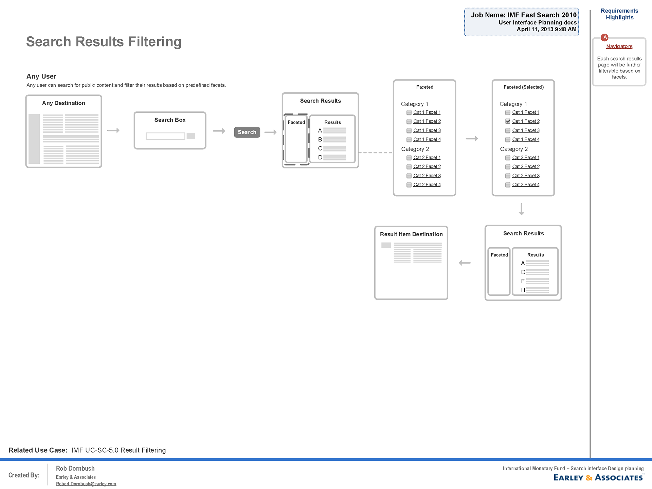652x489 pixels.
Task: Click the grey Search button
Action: click(x=247, y=132)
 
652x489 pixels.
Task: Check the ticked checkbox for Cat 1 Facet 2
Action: click(x=508, y=121)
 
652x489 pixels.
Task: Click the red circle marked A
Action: click(x=604, y=37)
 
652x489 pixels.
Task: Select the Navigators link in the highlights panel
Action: click(x=619, y=47)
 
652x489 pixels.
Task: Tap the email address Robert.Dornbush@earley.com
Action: click(x=86, y=484)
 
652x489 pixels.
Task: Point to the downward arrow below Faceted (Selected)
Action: click(x=522, y=209)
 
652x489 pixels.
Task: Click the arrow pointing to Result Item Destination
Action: click(x=465, y=263)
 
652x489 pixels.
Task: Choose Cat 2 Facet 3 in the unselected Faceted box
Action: click(x=427, y=176)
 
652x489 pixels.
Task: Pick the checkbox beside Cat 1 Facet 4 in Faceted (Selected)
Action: click(x=508, y=140)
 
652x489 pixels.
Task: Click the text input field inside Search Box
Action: click(x=165, y=136)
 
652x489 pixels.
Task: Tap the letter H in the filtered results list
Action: click(x=523, y=290)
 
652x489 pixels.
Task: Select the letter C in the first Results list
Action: click(x=320, y=148)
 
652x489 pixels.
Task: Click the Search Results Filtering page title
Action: click(x=104, y=42)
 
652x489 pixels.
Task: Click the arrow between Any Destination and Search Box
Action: click(x=113, y=130)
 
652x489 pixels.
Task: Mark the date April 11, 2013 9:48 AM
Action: click(x=546, y=30)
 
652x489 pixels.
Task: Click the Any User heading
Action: click(x=41, y=76)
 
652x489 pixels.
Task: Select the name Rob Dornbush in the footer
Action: click(x=75, y=469)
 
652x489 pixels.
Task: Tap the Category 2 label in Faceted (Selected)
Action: click(x=514, y=149)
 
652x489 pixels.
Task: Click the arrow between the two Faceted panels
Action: click(x=472, y=139)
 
